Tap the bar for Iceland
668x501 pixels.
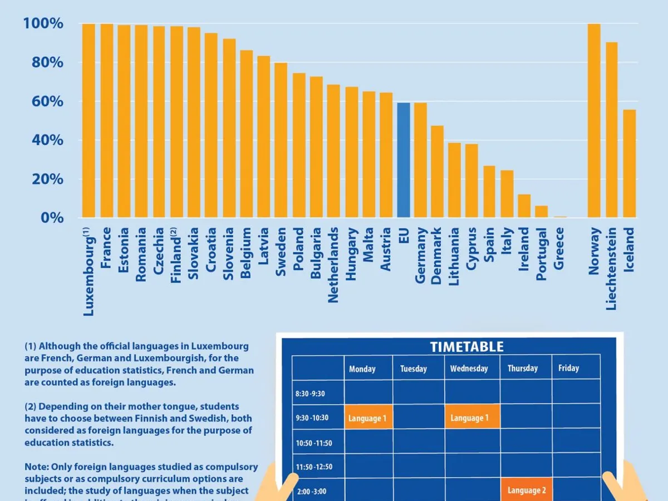pos(629,164)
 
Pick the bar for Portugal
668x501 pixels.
pos(542,212)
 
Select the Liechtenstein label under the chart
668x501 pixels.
pos(611,268)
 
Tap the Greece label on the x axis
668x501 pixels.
pos(559,248)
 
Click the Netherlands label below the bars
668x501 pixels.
pos(333,264)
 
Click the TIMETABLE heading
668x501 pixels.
pos(466,347)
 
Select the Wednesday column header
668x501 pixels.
pos(469,369)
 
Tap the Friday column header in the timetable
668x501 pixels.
pos(568,368)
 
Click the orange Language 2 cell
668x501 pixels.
pos(526,490)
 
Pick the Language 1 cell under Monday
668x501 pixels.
pos(367,418)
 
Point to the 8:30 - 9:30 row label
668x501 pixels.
pos(310,394)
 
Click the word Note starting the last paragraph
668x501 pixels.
pos(35,466)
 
